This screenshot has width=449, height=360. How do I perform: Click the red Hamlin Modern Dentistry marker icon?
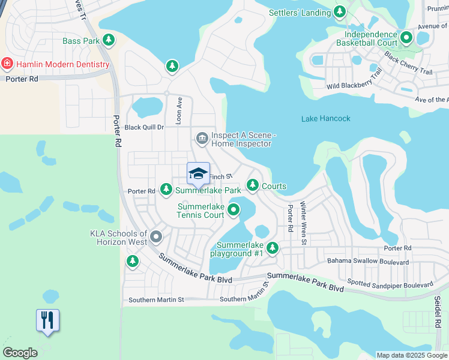[7, 64]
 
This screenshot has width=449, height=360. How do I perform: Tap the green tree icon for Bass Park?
[109, 40]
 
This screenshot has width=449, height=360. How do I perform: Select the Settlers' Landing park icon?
[340, 11]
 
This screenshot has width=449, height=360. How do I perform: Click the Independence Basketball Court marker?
[406, 38]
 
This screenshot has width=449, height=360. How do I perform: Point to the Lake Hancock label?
[325, 118]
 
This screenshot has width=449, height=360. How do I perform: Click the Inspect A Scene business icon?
[202, 139]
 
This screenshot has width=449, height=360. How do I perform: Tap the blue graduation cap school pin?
[198, 173]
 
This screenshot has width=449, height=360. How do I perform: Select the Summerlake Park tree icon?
[166, 190]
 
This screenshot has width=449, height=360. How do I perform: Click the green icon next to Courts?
[253, 185]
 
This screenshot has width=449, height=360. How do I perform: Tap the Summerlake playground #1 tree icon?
[273, 247]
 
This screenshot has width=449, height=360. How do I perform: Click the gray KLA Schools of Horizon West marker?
[156, 237]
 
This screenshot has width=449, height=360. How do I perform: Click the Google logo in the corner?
[20, 352]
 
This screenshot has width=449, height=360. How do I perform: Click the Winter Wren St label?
[304, 223]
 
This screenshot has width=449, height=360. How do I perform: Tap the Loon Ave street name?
[178, 110]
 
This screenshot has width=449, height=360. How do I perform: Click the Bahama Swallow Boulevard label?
[367, 262]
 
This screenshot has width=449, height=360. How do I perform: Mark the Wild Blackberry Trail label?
[354, 80]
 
